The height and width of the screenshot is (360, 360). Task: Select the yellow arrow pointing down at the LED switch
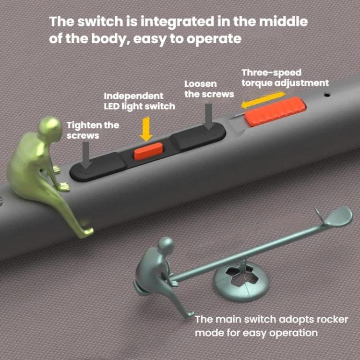click(145, 128)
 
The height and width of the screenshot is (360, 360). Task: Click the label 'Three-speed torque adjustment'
click(285, 78)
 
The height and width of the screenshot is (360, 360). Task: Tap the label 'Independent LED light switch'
click(139, 101)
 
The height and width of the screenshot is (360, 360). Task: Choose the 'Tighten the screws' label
click(93, 130)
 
